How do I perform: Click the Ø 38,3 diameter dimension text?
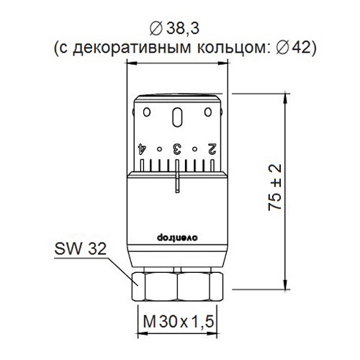pyautogui.click(x=174, y=30)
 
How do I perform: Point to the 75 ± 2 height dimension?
pyautogui.click(x=275, y=188)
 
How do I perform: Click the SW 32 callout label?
pyautogui.click(x=80, y=249)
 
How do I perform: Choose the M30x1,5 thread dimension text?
pyautogui.click(x=178, y=322)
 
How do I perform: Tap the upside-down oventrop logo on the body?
pyautogui.click(x=177, y=238)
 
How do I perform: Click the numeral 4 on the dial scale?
pyautogui.click(x=142, y=149)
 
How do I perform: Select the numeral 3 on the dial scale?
pyautogui.click(x=177, y=149)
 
